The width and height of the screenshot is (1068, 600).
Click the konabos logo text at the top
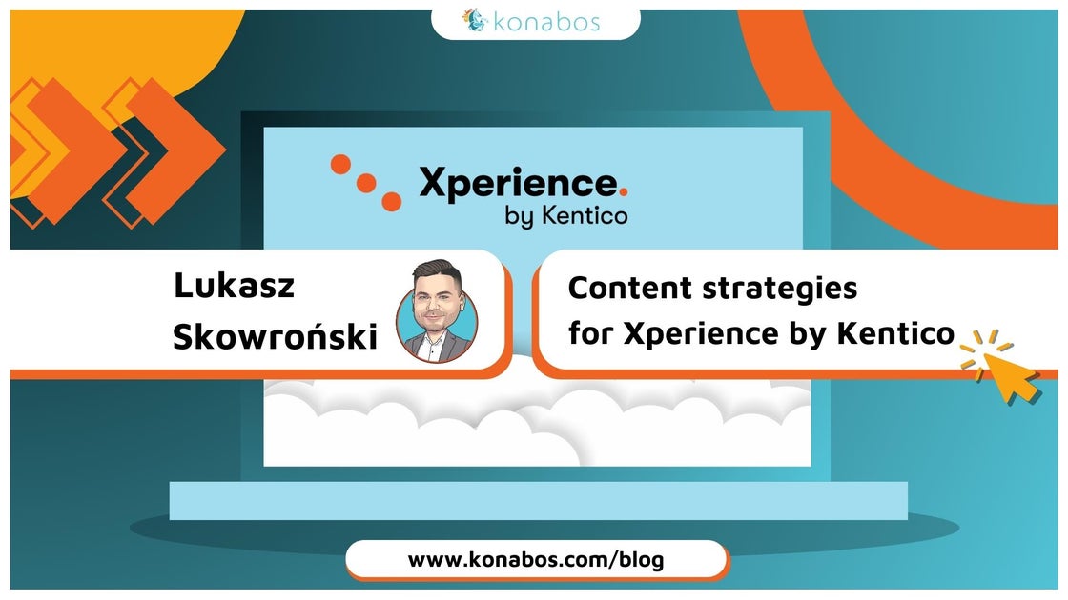[x=545, y=20]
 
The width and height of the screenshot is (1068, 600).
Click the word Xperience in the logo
[x=518, y=182]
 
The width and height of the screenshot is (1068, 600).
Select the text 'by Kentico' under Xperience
[x=566, y=215]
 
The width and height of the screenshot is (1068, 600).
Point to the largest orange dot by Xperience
[x=391, y=201]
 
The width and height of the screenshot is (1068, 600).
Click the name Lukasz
[x=234, y=285]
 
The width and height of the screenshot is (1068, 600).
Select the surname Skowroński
[x=276, y=336]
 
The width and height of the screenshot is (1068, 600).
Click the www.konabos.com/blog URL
[x=536, y=560]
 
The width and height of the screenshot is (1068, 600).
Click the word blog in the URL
[x=640, y=560]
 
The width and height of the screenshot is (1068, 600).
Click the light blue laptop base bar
[x=538, y=500]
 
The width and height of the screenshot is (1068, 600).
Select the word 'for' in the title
[x=590, y=333]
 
